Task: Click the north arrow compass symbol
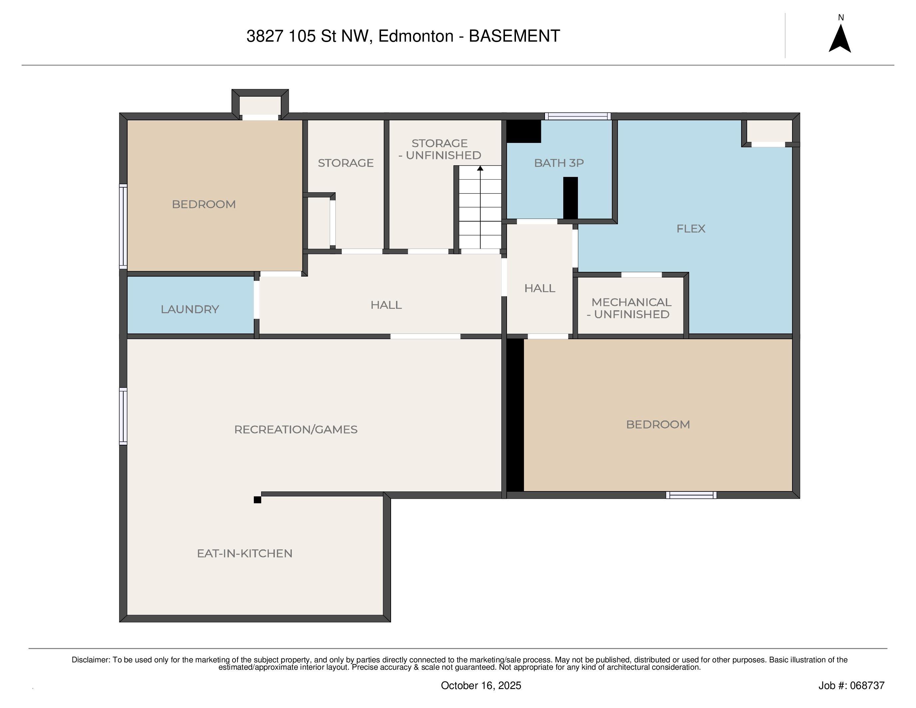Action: coord(840,39)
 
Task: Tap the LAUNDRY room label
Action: coord(190,310)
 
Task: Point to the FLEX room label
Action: coord(691,229)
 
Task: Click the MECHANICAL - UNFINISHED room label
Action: coord(631,308)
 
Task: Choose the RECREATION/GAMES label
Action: coord(296,429)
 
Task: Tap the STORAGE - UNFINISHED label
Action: coord(440,149)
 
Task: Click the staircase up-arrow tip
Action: coord(480,166)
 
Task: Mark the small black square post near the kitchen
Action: coord(257,499)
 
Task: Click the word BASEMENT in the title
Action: coord(514,36)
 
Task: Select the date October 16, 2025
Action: coord(481,685)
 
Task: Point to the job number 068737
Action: coord(867,685)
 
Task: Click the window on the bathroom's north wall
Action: coord(578,116)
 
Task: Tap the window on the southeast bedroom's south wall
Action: coord(691,495)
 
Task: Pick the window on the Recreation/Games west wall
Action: coord(123,416)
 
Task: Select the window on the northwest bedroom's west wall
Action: coord(123,227)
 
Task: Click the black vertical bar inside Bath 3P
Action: coord(570,198)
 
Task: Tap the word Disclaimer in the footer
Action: coord(91,660)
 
